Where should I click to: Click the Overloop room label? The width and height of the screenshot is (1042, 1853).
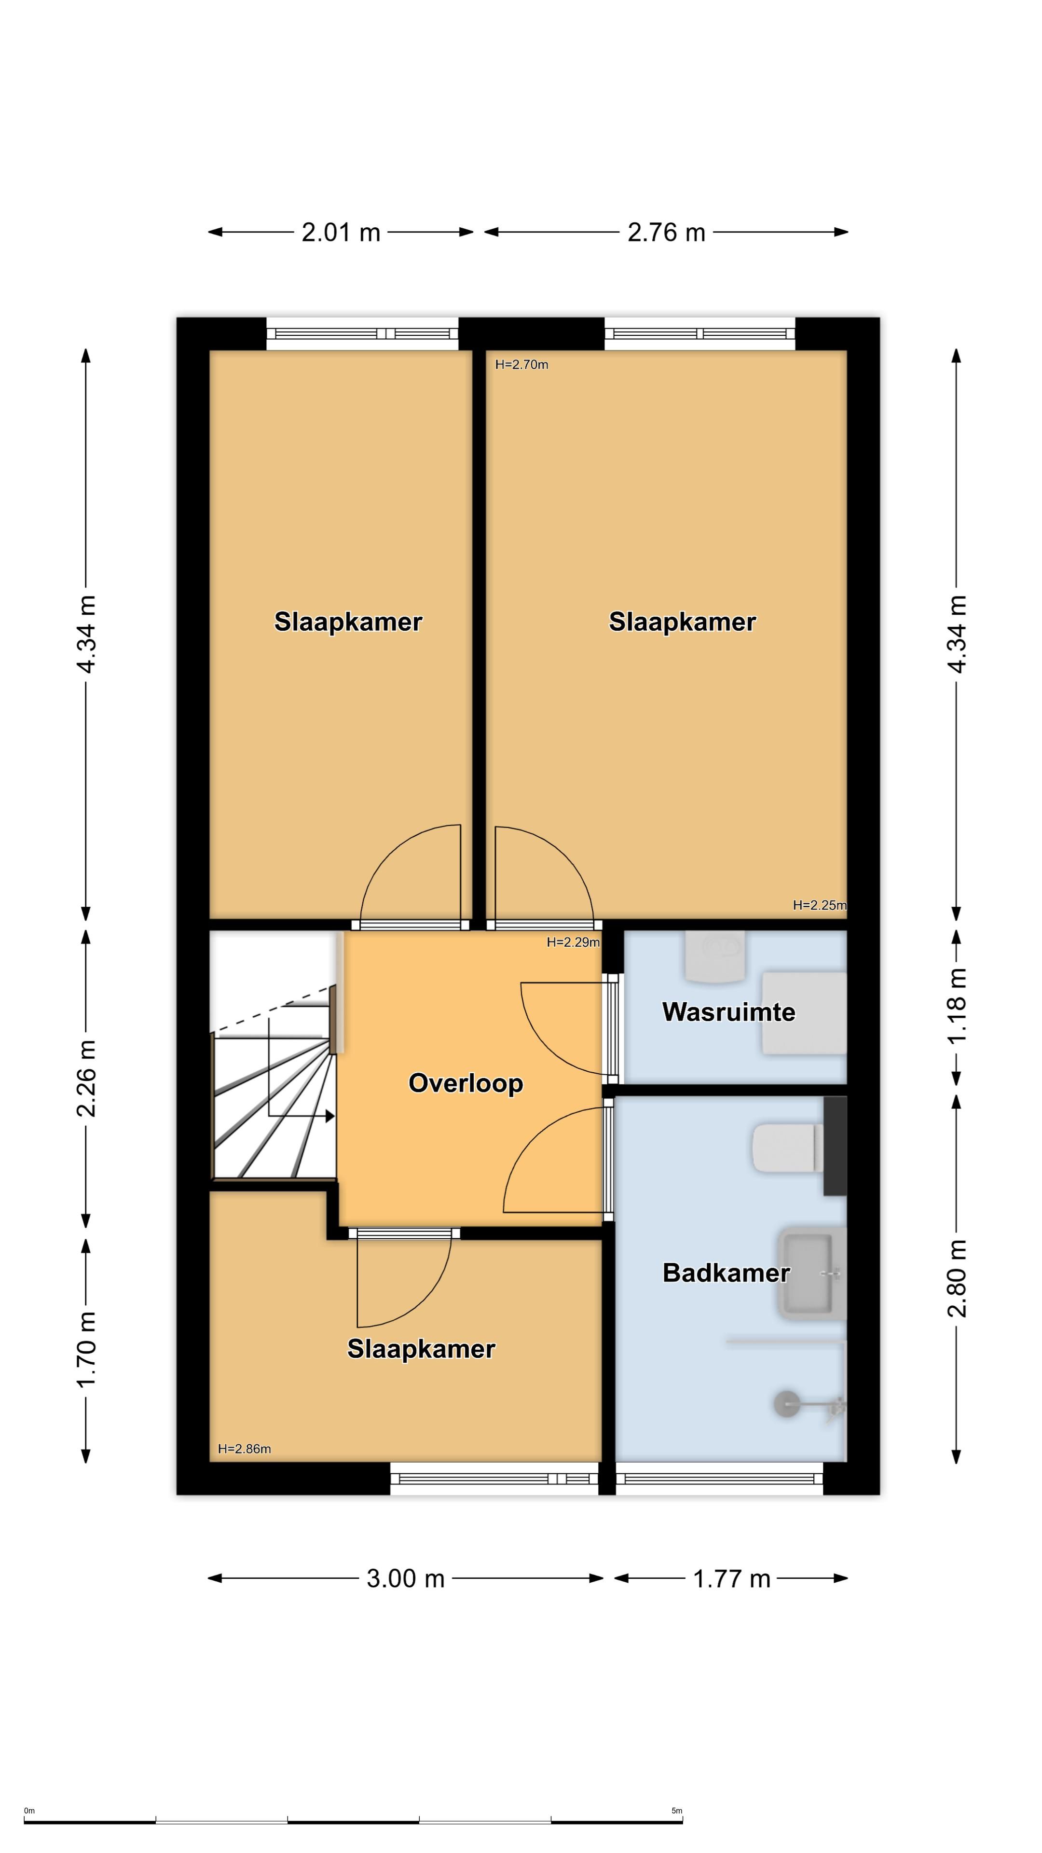click(465, 1083)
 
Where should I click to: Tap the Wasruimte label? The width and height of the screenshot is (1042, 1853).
click(728, 1012)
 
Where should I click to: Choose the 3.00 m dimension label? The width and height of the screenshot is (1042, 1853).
click(406, 1578)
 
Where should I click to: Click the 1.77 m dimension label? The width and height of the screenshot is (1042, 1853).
click(731, 1579)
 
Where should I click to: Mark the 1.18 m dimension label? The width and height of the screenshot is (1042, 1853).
click(957, 1005)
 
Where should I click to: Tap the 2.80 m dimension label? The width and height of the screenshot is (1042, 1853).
click(957, 1278)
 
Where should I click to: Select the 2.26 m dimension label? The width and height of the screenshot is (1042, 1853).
click(86, 1078)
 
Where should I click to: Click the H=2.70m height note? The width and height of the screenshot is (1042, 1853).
click(521, 365)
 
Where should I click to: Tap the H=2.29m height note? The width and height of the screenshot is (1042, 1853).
click(573, 942)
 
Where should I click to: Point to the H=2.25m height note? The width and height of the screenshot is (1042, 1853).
click(820, 905)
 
